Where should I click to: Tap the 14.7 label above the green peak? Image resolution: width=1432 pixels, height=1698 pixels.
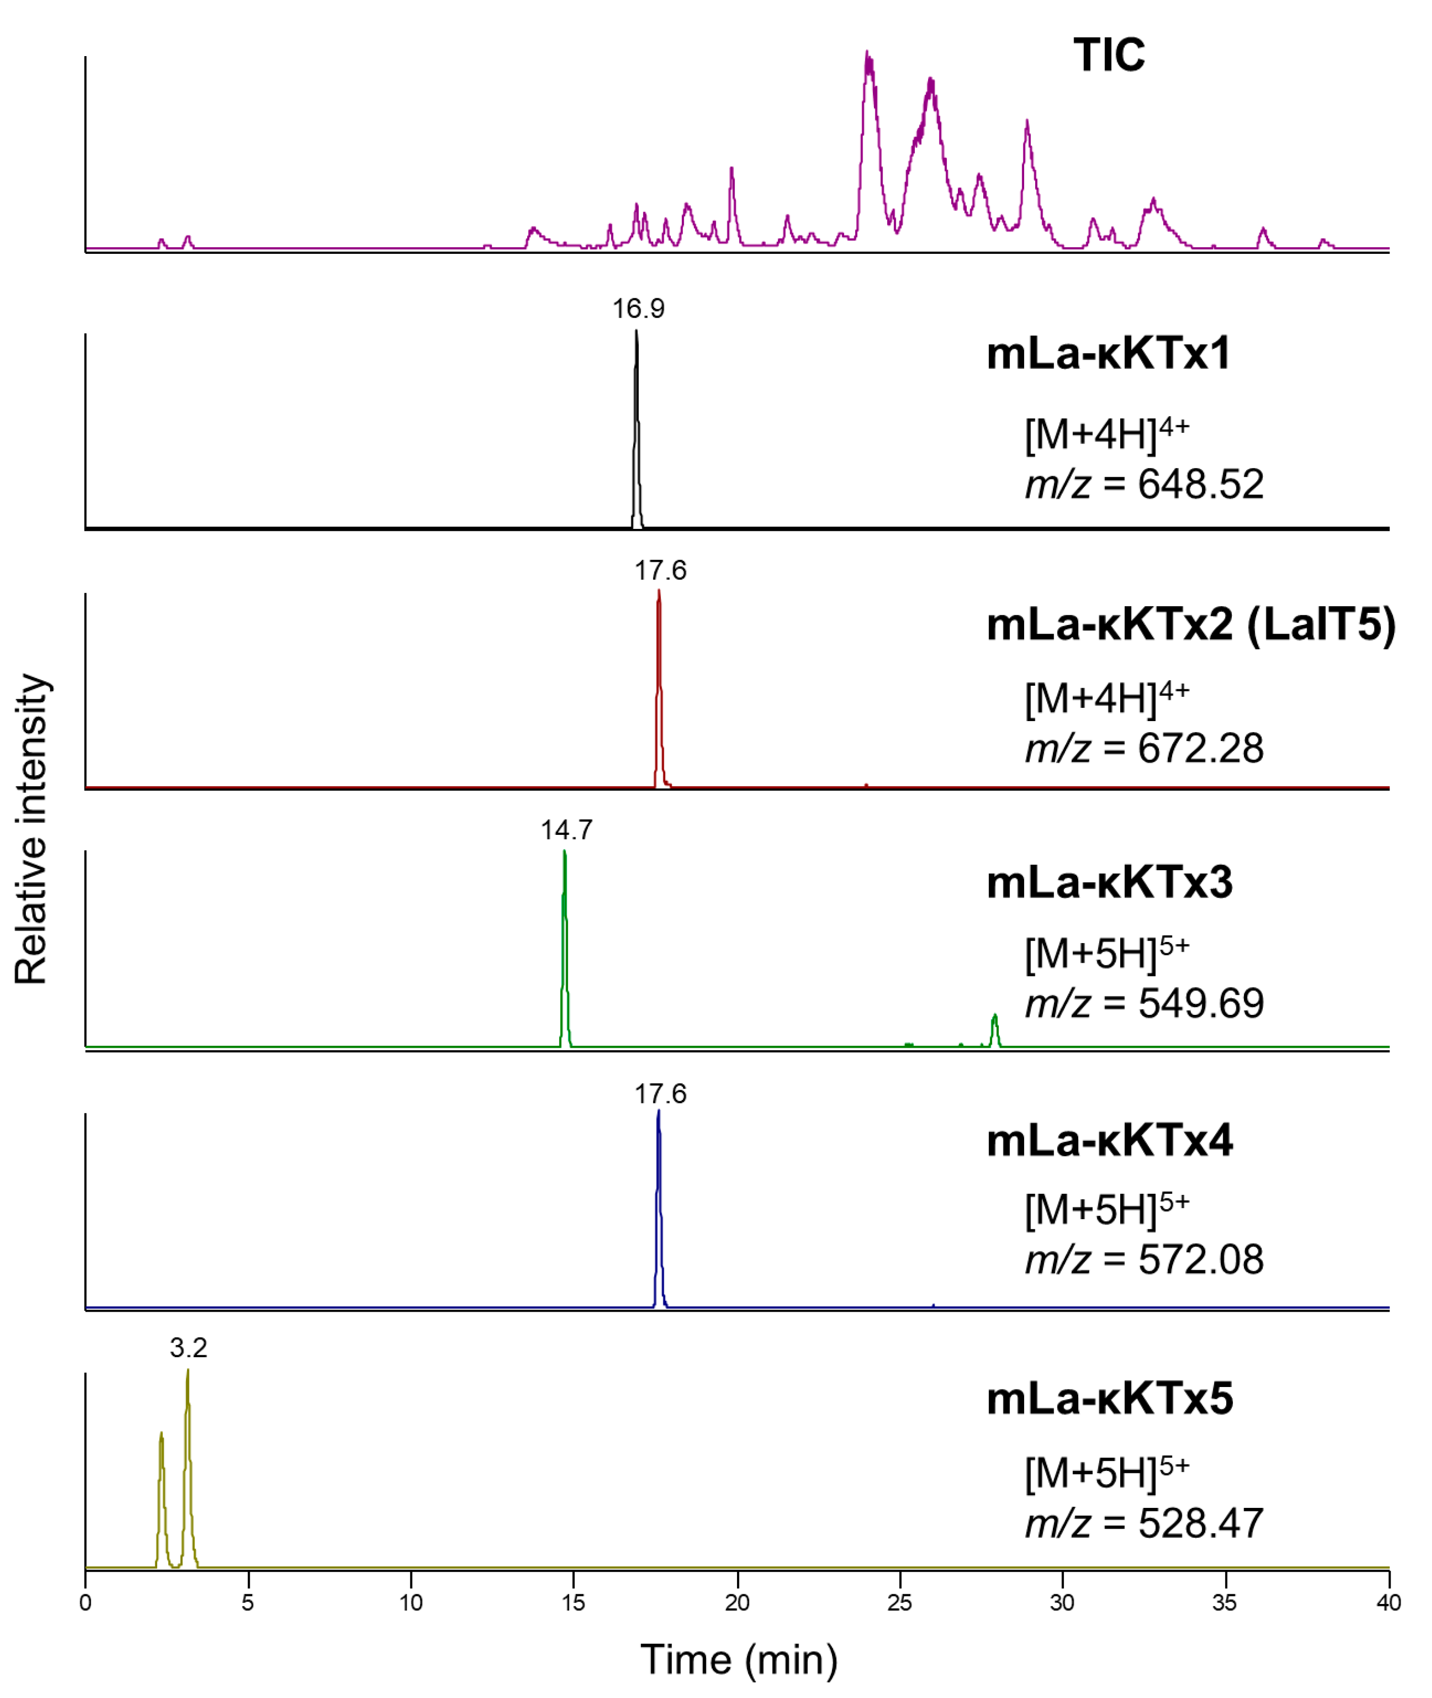[567, 830]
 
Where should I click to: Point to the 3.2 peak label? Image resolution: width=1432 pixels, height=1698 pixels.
[189, 1348]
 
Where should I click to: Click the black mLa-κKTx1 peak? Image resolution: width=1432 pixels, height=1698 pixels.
[636, 430]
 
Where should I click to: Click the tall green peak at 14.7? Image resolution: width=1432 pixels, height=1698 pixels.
[564, 950]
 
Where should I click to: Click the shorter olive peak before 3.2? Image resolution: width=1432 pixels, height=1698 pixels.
[162, 1502]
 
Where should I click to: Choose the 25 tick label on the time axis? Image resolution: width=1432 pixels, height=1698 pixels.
[899, 1603]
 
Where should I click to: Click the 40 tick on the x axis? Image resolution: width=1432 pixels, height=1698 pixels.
[1388, 1603]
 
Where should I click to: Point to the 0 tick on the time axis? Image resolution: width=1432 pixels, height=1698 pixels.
[85, 1603]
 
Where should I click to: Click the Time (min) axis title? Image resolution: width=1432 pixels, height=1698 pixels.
[738, 1660]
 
